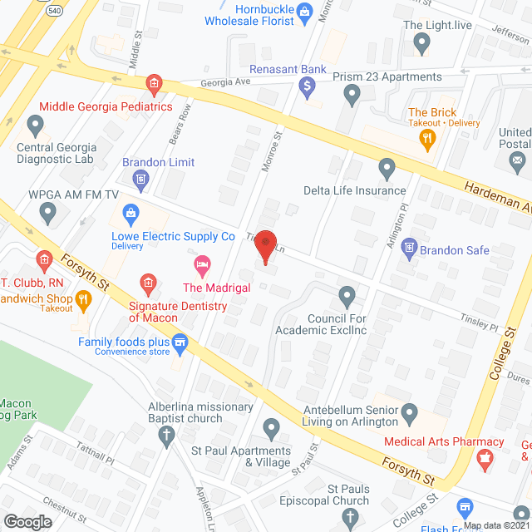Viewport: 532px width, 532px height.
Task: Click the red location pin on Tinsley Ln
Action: (x=266, y=247)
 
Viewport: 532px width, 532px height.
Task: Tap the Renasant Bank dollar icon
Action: (x=308, y=85)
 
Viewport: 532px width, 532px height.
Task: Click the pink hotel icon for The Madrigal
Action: (x=201, y=266)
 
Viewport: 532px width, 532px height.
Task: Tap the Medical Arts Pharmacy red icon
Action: (x=482, y=457)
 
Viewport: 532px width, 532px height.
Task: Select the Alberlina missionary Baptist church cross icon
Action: (x=166, y=434)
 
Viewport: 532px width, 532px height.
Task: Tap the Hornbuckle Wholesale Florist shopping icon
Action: (x=303, y=11)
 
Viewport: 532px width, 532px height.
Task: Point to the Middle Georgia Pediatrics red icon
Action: (x=154, y=83)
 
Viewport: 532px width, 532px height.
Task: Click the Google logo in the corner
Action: (x=27, y=521)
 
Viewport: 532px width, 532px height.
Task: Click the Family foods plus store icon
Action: (x=179, y=342)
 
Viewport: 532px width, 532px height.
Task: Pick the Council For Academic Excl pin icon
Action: (x=347, y=295)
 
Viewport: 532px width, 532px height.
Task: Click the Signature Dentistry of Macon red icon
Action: (x=147, y=286)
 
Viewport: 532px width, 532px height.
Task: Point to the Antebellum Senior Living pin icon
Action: (x=409, y=412)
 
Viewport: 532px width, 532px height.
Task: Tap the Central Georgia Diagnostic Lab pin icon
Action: (x=35, y=126)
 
